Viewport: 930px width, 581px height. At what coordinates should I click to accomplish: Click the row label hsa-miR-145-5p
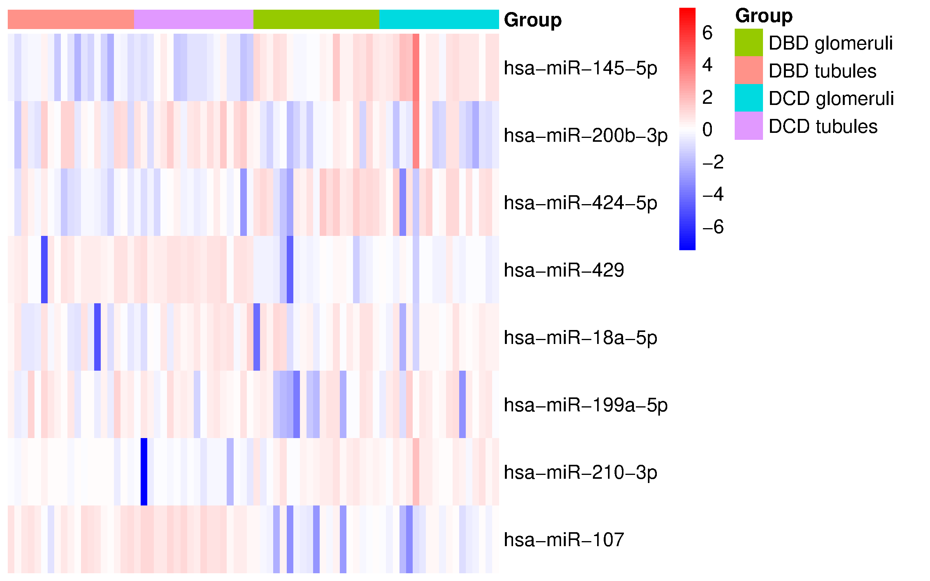point(580,68)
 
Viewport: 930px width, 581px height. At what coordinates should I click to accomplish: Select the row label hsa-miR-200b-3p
point(585,136)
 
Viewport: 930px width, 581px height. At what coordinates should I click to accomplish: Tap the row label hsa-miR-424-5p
point(580,203)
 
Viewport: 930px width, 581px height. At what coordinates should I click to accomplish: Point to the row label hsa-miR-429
point(564,270)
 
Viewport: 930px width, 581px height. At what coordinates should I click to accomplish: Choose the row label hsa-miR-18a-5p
point(580,338)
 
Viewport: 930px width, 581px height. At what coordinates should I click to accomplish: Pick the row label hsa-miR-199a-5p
point(585,405)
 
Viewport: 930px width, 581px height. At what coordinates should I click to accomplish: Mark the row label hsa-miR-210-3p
point(580,473)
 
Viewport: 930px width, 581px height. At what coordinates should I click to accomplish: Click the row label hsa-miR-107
point(564,540)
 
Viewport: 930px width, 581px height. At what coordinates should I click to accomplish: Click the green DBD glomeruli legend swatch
point(749,43)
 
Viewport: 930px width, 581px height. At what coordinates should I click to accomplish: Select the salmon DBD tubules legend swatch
point(749,70)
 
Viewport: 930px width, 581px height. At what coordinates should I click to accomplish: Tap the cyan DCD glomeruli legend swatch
point(749,98)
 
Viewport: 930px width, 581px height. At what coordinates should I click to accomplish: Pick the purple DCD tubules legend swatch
point(749,126)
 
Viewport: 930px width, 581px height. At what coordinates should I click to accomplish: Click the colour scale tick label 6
point(707,33)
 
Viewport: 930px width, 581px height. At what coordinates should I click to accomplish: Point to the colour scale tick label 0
point(707,129)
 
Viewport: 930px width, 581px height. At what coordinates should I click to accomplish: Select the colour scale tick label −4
point(713,194)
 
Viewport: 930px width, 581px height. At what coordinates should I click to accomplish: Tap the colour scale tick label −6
point(713,227)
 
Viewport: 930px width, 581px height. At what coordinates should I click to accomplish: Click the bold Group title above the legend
point(764,16)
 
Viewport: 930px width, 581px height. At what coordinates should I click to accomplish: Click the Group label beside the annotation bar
point(532,20)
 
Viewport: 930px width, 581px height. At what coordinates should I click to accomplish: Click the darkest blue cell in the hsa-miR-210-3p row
point(144,472)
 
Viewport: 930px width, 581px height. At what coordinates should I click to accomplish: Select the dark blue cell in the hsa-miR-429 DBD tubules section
point(44,270)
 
